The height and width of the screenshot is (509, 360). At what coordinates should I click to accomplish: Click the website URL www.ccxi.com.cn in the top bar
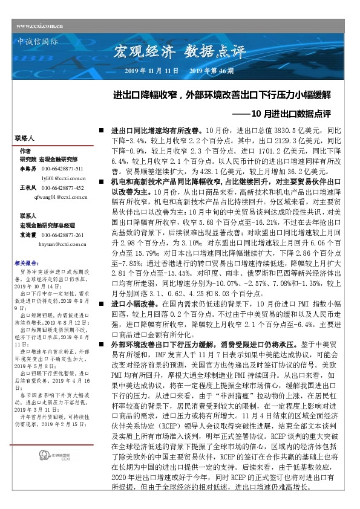coord(40,25)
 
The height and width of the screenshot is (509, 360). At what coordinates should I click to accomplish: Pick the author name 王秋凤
coord(28,188)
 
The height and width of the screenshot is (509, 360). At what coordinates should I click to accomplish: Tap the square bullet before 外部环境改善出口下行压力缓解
coord(102,343)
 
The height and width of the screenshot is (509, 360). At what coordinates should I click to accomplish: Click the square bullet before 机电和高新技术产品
coord(102,181)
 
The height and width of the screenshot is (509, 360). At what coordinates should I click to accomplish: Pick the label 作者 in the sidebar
coord(25,151)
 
